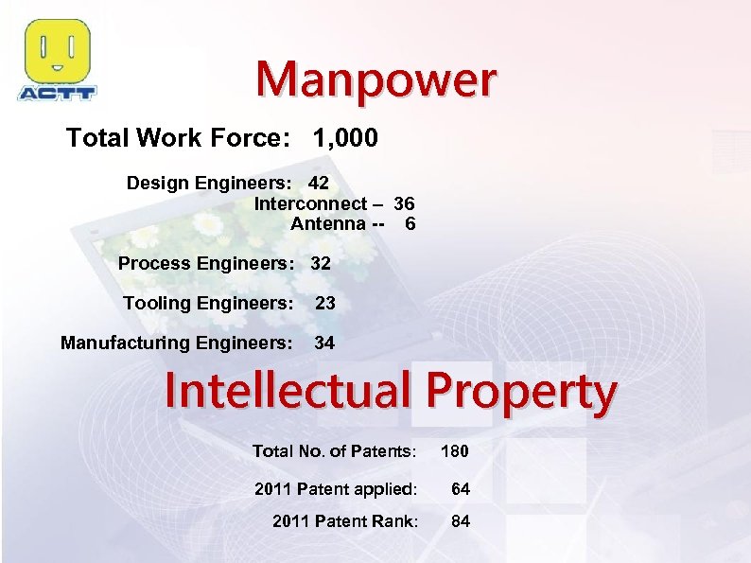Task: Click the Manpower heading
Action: click(375, 80)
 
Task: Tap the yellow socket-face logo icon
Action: click(57, 51)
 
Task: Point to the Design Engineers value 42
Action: click(319, 183)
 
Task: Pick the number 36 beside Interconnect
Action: click(404, 203)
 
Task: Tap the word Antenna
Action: click(327, 224)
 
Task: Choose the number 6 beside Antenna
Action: click(410, 224)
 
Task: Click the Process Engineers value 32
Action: click(321, 264)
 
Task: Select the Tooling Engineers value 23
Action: click(324, 304)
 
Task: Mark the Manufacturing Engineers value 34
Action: click(324, 343)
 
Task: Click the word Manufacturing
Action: click(124, 343)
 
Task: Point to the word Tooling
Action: click(155, 304)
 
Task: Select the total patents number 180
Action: click(454, 451)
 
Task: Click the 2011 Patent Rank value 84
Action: click(460, 521)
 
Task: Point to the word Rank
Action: click(393, 521)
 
